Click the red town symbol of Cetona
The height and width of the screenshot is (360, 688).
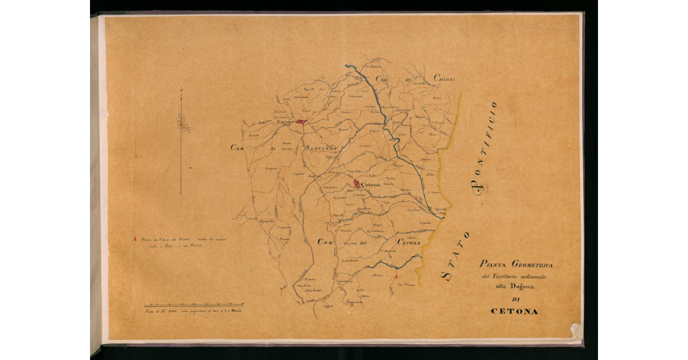pyautogui.click(x=357, y=185)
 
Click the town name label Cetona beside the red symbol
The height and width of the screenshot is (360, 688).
pyautogui.click(x=371, y=185)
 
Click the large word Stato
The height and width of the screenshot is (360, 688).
pyautogui.click(x=456, y=256)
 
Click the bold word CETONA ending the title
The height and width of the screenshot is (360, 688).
pyautogui.click(x=515, y=311)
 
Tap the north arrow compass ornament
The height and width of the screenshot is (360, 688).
pyautogui.click(x=182, y=123)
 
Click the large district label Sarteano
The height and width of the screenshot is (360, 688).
pyautogui.click(x=323, y=148)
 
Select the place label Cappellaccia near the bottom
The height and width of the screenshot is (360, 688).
pyautogui.click(x=355, y=302)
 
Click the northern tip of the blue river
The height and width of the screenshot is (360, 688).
pyautogui.click(x=346, y=66)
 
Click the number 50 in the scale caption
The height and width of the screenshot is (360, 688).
pyautogui.click(x=236, y=310)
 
